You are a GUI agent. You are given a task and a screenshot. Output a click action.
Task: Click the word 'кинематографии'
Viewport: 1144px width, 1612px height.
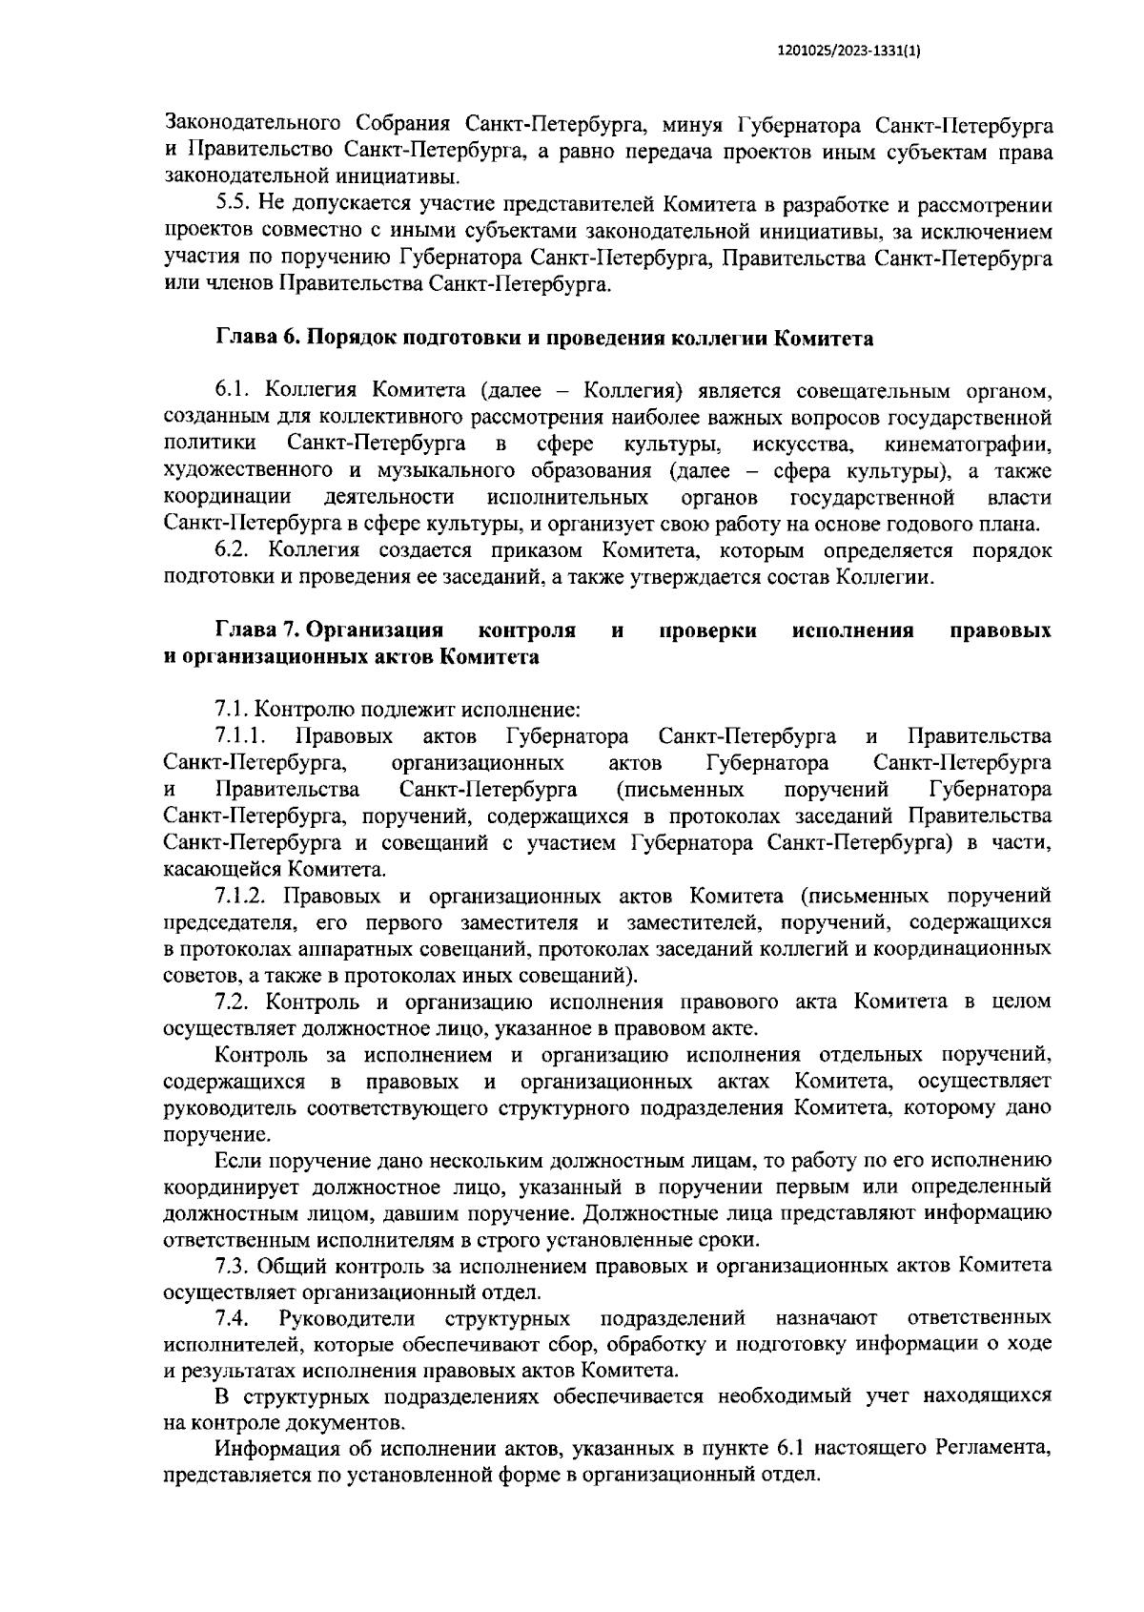[x=968, y=444]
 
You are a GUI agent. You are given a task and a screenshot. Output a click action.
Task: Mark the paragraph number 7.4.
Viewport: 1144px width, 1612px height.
[x=233, y=1319]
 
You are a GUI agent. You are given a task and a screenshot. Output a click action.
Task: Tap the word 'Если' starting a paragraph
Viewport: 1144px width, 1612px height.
[x=239, y=1161]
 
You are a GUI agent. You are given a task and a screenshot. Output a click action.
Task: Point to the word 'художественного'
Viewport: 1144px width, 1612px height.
[x=248, y=471]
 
